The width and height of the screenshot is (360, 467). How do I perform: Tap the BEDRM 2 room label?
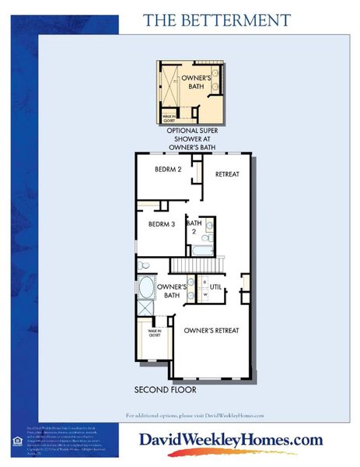pyautogui.click(x=167, y=170)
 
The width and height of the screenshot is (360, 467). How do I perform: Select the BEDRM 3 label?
pyautogui.click(x=162, y=224)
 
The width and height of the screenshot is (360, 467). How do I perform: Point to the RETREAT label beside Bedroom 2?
pyautogui.click(x=227, y=174)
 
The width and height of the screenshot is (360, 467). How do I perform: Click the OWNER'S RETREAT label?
pyautogui.click(x=211, y=331)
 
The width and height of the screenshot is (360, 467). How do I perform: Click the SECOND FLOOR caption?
pyautogui.click(x=165, y=389)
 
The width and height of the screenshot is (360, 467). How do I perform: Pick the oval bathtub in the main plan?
pyautogui.click(x=146, y=289)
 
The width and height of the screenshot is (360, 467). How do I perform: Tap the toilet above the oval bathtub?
pyautogui.click(x=144, y=266)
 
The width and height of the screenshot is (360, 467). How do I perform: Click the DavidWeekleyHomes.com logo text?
pyautogui.click(x=230, y=441)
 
